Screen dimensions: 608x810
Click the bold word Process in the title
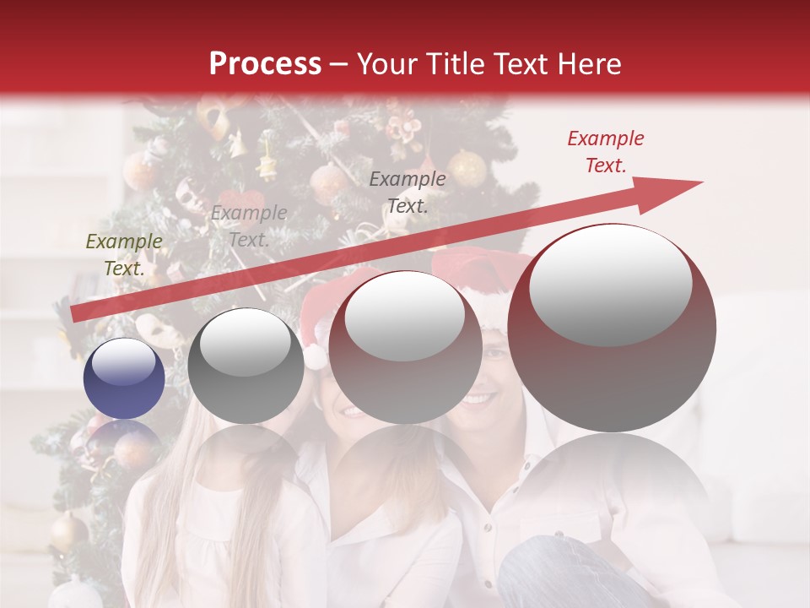[265, 63]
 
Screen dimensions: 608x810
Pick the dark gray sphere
[246, 366]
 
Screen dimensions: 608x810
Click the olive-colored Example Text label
[124, 255]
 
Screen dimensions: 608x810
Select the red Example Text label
[605, 152]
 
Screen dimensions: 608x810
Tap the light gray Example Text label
[248, 226]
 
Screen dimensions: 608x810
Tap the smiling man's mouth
[478, 397]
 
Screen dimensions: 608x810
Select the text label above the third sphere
[407, 192]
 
